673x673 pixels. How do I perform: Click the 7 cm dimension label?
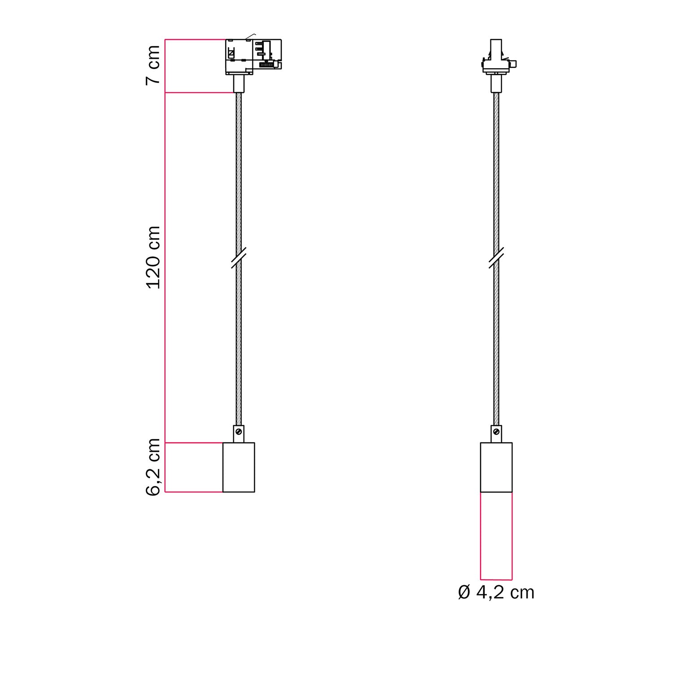pyautogui.click(x=153, y=65)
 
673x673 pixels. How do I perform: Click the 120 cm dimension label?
pyautogui.click(x=153, y=257)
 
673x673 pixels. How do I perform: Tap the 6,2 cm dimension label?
pyautogui.click(x=153, y=467)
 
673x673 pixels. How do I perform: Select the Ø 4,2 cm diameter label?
pyautogui.click(x=496, y=593)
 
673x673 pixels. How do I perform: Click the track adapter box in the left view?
pyautogui.click(x=253, y=56)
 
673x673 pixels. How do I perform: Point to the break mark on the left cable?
pyautogui.click(x=239, y=258)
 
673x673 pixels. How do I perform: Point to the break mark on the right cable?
pyautogui.click(x=496, y=258)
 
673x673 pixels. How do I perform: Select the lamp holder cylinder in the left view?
pyautogui.click(x=239, y=467)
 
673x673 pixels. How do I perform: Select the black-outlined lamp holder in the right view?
pyautogui.click(x=496, y=467)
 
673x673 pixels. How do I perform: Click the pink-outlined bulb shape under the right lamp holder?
pyautogui.click(x=496, y=536)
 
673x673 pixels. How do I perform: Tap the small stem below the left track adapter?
pyautogui.click(x=239, y=83)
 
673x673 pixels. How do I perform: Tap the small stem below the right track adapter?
pyautogui.click(x=496, y=83)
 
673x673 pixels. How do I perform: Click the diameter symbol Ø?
pyautogui.click(x=464, y=593)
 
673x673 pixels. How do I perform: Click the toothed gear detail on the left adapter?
pyautogui.click(x=267, y=65)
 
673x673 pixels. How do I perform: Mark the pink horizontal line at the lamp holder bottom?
pyautogui.click(x=193, y=492)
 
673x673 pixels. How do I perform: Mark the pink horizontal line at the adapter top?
pyautogui.click(x=195, y=39)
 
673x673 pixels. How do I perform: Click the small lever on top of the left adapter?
pyautogui.click(x=250, y=36)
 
